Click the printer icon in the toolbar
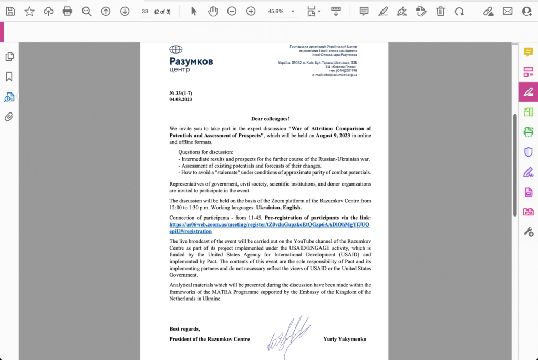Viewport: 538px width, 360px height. pyautogui.click(x=67, y=11)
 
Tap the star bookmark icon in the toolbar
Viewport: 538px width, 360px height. pyautogui.click(x=29, y=11)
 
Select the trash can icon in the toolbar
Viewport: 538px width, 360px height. pyautogui.click(x=440, y=11)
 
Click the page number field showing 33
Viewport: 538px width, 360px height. pyautogui.click(x=145, y=11)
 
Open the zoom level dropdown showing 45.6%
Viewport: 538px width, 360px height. pyautogui.click(x=282, y=11)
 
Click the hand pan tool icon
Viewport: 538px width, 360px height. pyautogui.click(x=213, y=11)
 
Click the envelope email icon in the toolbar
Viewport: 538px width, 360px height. pyautogui.click(x=507, y=11)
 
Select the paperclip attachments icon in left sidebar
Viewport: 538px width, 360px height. pyautogui.click(x=9, y=117)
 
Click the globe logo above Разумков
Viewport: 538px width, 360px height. pyautogui.click(x=175, y=50)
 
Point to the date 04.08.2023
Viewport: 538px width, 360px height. pyautogui.click(x=181, y=99)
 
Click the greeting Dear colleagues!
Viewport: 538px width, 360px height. pyautogui.click(x=270, y=119)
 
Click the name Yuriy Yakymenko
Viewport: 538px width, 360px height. pyautogui.click(x=345, y=339)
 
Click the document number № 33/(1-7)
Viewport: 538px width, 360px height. pyautogui.click(x=181, y=93)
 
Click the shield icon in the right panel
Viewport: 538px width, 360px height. pyautogui.click(x=529, y=152)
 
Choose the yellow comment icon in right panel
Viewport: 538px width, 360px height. pyautogui.click(x=529, y=52)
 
